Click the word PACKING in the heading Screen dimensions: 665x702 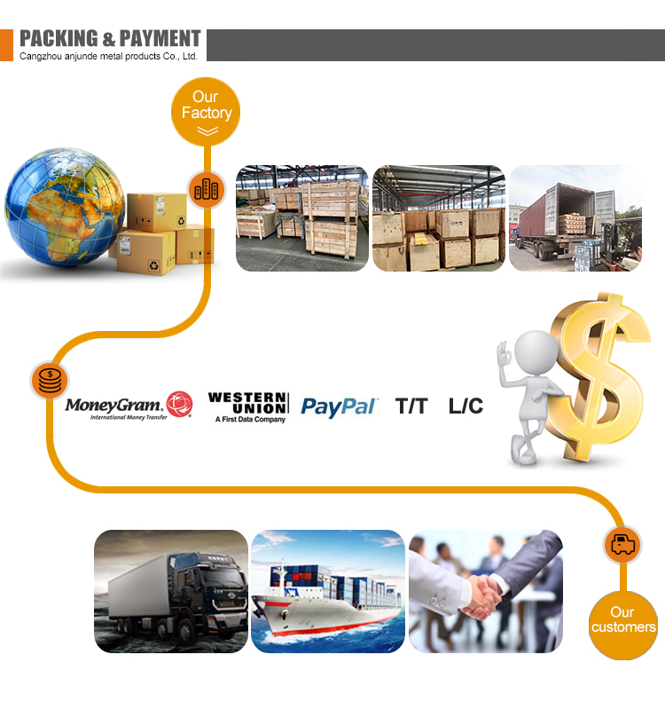(x=59, y=38)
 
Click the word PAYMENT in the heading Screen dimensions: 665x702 (x=160, y=38)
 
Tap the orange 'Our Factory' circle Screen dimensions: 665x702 (x=206, y=112)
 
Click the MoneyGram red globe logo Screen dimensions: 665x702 (x=179, y=404)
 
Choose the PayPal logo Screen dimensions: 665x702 (x=339, y=407)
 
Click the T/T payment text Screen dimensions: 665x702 (x=411, y=406)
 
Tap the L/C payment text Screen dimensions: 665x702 (x=465, y=406)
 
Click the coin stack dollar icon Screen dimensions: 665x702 (x=50, y=381)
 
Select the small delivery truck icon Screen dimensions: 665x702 (x=623, y=544)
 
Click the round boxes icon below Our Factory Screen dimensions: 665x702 (x=207, y=190)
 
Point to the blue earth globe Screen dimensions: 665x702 (x=64, y=207)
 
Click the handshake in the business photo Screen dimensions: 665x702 (x=484, y=596)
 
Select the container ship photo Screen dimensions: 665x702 (x=328, y=591)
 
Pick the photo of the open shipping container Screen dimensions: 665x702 (x=575, y=218)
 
